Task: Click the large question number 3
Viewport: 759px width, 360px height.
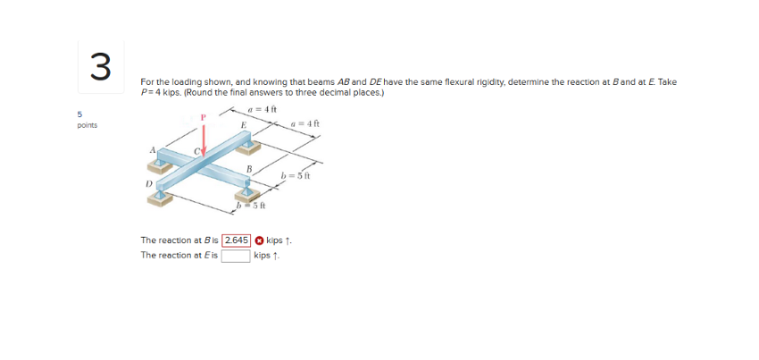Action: point(100,64)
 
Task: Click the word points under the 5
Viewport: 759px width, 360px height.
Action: point(87,125)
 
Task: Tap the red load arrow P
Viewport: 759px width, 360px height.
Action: point(204,138)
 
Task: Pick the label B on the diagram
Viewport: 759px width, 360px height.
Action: point(250,168)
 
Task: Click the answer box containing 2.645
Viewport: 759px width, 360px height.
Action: point(236,240)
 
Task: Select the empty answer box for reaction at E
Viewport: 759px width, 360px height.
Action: point(236,255)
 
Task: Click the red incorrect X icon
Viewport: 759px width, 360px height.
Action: point(260,240)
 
